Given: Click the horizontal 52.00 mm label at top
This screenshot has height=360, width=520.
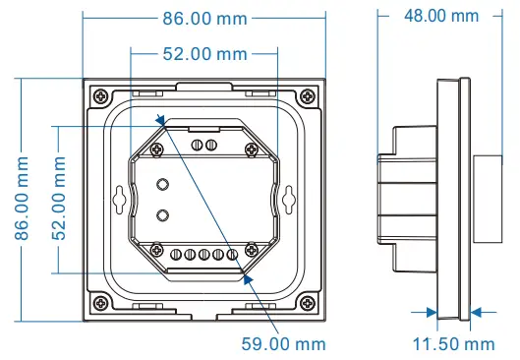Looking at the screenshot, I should click(x=203, y=52).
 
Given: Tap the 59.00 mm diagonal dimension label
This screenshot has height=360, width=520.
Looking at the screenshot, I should click(x=283, y=342).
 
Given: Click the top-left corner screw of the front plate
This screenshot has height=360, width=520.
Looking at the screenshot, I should click(x=101, y=94).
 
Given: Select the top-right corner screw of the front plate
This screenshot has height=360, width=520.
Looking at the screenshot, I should click(x=307, y=94).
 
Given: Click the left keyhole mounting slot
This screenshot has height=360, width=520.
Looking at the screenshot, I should click(x=121, y=198).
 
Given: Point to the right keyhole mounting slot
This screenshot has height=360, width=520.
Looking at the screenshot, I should click(x=288, y=198).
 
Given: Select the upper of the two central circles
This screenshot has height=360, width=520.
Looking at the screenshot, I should click(x=163, y=183).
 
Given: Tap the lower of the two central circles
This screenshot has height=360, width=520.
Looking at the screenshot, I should click(x=163, y=213).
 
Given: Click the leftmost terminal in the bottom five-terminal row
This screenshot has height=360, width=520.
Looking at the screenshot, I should click(x=177, y=257).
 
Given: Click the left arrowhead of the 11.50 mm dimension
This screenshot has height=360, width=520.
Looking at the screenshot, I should click(x=433, y=312).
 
